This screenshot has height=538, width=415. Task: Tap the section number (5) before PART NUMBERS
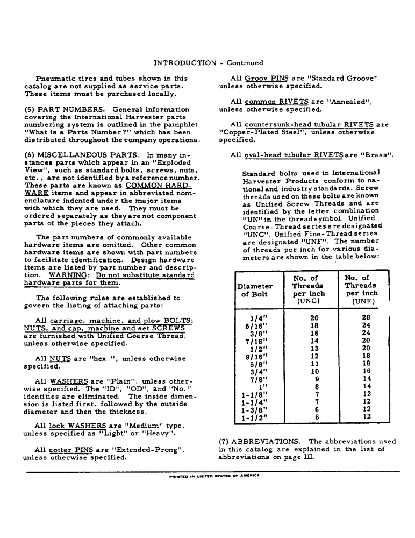[x=30, y=110]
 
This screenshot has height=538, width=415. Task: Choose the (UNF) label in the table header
[x=361, y=302]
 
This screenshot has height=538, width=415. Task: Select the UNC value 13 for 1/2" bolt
[x=314, y=348]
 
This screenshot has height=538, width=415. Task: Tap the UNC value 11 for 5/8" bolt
[x=314, y=363]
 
